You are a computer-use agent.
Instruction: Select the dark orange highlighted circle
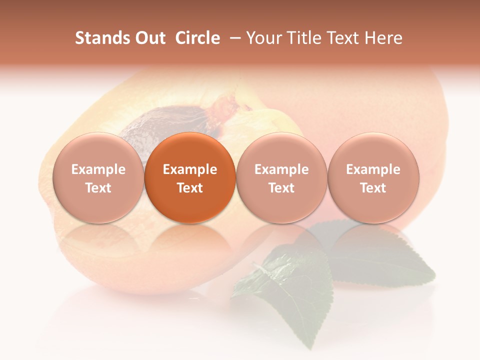click(190, 177)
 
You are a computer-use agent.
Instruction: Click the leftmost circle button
click(98, 177)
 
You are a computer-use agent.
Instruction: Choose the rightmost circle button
click(373, 177)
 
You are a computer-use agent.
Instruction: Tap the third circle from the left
click(281, 177)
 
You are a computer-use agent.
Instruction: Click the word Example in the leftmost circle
click(98, 169)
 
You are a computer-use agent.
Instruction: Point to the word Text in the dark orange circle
click(190, 188)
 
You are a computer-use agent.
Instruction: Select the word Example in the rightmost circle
click(373, 169)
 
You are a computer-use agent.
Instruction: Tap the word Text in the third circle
click(281, 188)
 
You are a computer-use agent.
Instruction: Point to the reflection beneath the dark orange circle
click(190, 240)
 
